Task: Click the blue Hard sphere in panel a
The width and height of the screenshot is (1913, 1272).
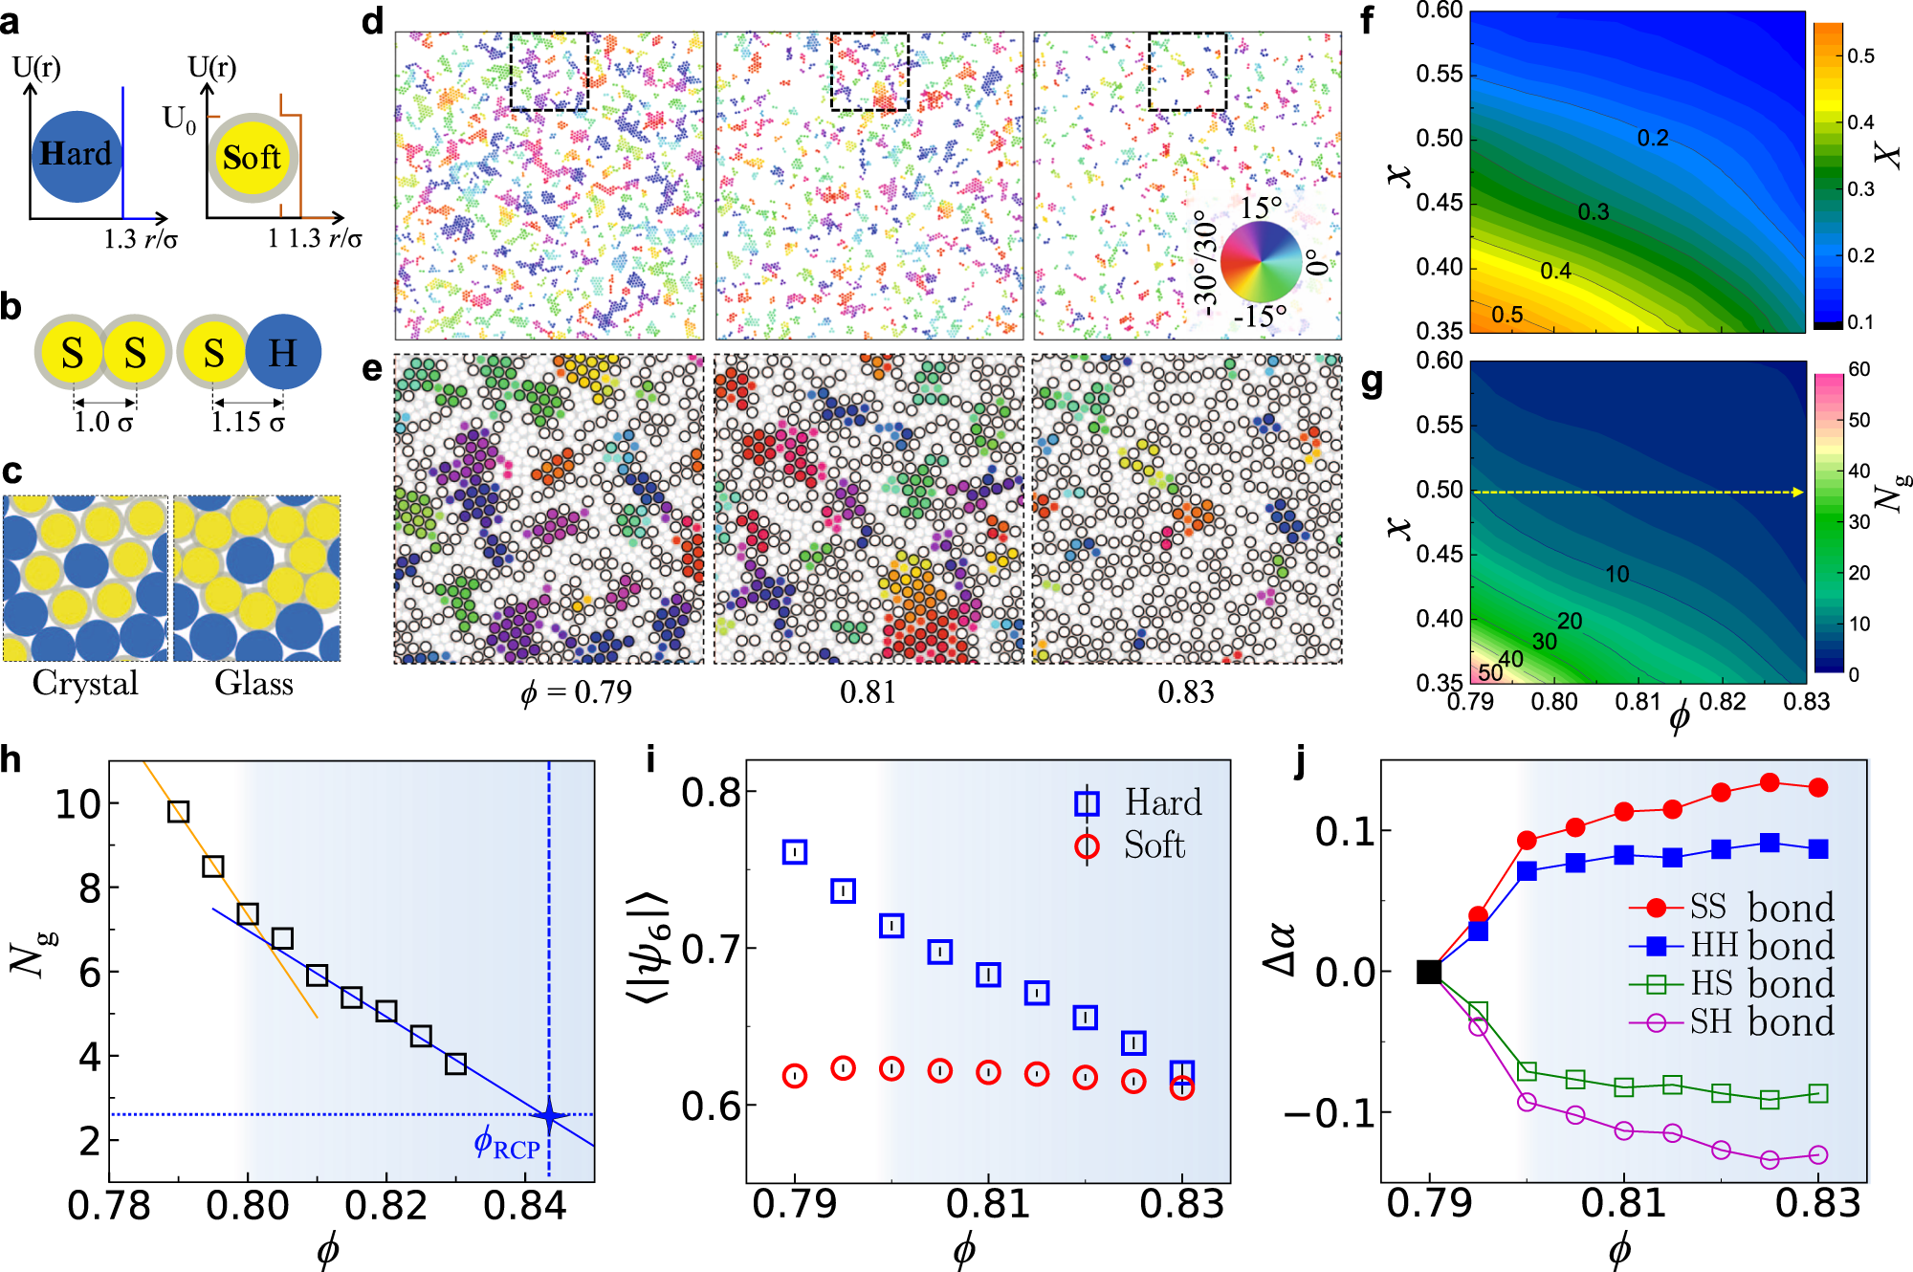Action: (77, 156)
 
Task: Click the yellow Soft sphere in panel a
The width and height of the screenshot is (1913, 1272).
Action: (253, 158)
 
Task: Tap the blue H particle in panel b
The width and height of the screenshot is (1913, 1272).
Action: (283, 353)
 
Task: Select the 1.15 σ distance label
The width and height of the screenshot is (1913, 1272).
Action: (248, 422)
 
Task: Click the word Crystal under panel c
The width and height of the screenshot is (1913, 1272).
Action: (85, 684)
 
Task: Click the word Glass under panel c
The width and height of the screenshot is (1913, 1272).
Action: (253, 684)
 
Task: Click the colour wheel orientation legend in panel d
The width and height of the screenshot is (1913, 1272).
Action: (1262, 261)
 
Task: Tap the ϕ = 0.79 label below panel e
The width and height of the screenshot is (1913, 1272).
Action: (577, 691)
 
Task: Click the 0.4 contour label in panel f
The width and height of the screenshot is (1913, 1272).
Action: (1555, 272)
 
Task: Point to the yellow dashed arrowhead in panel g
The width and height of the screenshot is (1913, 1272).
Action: (1798, 493)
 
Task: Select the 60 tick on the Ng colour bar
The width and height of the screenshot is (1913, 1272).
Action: (1858, 369)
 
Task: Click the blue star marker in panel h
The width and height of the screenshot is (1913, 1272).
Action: (549, 1115)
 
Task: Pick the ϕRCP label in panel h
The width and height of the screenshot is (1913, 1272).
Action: (507, 1144)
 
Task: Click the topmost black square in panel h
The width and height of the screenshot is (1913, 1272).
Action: (178, 812)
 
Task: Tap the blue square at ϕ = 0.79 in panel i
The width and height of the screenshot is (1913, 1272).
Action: (795, 852)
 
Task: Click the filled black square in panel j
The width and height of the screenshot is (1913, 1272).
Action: (1429, 972)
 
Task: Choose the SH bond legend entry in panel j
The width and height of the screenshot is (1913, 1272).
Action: (1731, 1022)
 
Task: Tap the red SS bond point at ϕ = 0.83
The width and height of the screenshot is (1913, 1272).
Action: (1818, 788)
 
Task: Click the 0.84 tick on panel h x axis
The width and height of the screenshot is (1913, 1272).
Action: (525, 1206)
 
